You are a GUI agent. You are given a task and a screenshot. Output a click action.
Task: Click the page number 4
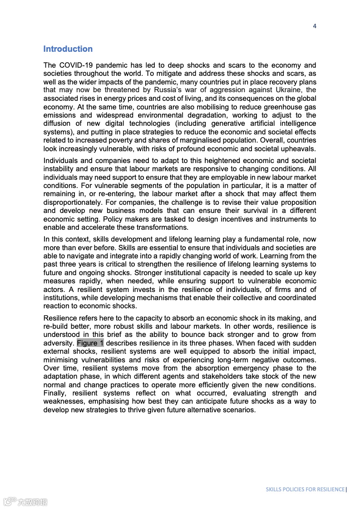coord(314,26)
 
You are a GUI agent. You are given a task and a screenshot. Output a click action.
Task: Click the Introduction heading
coord(68,49)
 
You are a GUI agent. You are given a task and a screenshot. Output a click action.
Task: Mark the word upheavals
coord(296,149)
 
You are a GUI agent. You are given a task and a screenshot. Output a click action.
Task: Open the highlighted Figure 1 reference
coord(90,343)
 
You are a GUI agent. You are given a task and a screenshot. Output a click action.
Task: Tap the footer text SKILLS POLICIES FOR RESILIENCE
coord(305,489)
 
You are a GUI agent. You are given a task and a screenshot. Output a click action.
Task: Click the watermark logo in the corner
coord(25,502)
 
